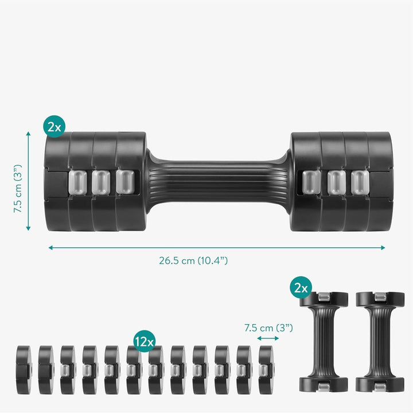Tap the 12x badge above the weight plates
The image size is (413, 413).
(x=145, y=340)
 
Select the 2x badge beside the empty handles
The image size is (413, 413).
(x=301, y=289)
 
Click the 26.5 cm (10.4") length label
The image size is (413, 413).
(x=193, y=260)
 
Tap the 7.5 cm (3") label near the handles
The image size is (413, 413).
(x=268, y=328)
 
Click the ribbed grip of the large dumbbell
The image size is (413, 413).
(x=218, y=182)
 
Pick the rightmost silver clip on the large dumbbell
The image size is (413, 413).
(x=359, y=182)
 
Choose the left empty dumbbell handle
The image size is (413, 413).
(x=324, y=341)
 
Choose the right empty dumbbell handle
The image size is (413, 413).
(x=380, y=341)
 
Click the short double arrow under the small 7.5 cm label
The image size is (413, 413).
(x=268, y=338)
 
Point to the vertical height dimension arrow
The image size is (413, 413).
(x=29, y=181)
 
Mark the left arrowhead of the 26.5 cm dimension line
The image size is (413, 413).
(x=50, y=248)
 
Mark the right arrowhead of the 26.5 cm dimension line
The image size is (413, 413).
(x=383, y=248)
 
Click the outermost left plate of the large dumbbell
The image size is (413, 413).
(x=56, y=182)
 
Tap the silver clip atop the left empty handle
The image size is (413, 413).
(x=324, y=295)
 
